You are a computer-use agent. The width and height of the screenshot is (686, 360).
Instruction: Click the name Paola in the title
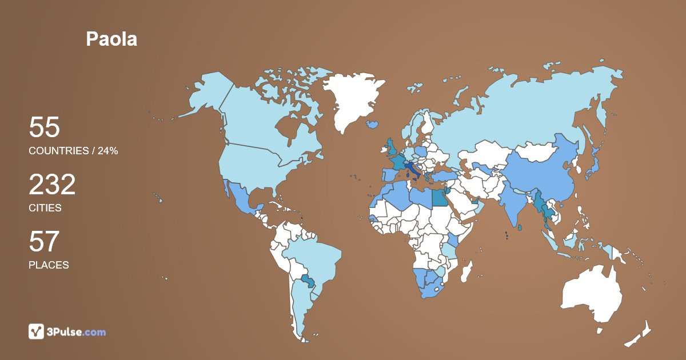click(111, 39)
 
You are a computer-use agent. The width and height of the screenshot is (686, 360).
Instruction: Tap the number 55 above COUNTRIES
click(44, 127)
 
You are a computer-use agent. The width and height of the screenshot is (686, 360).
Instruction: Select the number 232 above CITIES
click(52, 185)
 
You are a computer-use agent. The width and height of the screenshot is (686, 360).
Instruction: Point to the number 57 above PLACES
click(44, 242)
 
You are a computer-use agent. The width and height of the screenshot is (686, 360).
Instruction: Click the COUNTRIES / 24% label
click(73, 151)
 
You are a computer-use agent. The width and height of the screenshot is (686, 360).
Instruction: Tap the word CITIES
click(45, 208)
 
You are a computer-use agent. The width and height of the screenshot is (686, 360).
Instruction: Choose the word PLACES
click(49, 265)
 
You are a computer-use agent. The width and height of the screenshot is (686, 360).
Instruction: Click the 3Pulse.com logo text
click(76, 331)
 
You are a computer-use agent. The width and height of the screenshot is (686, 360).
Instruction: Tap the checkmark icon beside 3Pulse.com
click(36, 331)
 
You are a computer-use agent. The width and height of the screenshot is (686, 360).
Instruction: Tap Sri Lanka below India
click(519, 227)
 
